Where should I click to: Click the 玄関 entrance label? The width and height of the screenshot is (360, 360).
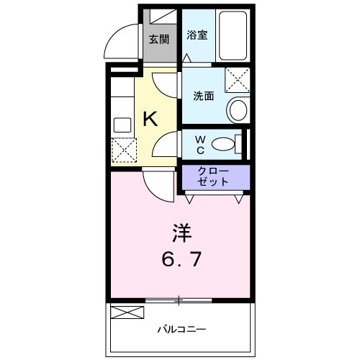158,40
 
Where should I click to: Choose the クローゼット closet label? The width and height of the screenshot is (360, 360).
213,176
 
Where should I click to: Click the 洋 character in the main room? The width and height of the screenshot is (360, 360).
181,233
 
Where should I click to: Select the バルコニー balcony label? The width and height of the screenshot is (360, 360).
180,330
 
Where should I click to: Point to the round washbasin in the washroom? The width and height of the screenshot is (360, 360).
236,110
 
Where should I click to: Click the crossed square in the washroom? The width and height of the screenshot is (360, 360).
237,79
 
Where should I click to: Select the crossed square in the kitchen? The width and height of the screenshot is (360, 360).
122,149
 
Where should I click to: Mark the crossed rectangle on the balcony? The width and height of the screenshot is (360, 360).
127,313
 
